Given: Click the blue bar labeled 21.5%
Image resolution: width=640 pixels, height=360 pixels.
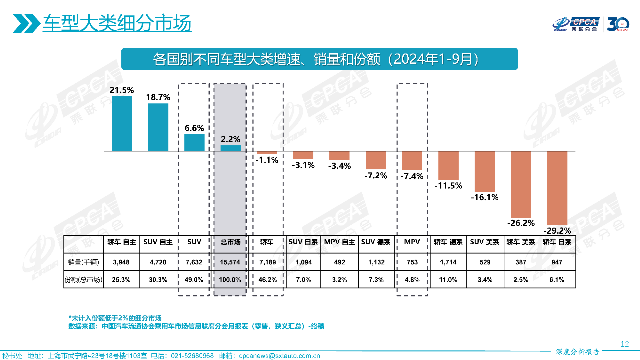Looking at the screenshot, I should [x=122, y=123].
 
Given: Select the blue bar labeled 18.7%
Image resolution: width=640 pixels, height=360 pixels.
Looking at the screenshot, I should [x=158, y=127].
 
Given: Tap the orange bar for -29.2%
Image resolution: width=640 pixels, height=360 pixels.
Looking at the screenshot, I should [x=557, y=188].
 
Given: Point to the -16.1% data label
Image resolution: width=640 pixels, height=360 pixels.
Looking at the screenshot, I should [x=485, y=197].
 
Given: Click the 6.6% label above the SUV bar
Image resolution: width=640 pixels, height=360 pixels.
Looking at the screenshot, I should [x=194, y=128].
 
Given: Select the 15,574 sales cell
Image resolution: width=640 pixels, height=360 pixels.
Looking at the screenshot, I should [x=230, y=262].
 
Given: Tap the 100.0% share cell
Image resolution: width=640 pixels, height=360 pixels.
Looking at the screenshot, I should [x=230, y=280].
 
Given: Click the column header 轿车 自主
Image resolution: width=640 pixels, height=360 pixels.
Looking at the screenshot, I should [x=122, y=242].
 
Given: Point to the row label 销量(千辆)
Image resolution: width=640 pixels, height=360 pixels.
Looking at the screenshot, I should [x=83, y=262].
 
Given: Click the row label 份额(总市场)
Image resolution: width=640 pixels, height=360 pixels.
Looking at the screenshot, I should [x=83, y=280].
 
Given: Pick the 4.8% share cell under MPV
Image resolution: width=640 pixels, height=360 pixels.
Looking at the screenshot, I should [x=412, y=280].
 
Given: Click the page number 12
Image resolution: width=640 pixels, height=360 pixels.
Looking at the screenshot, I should [x=624, y=344].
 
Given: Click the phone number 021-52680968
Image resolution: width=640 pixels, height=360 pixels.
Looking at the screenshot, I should [x=192, y=356].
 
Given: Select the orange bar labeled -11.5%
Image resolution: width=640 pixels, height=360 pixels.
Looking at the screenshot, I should [x=448, y=165].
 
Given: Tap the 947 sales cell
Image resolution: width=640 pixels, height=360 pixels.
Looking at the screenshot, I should [x=557, y=262].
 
